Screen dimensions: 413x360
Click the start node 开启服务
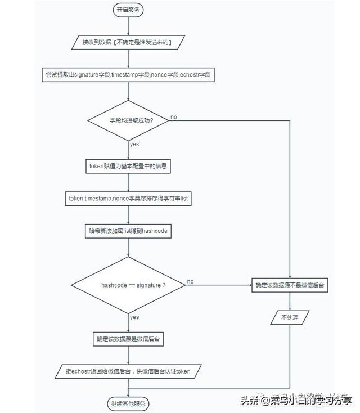pyautogui.click(x=129, y=10)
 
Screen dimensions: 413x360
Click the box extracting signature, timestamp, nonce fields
pyautogui.click(x=129, y=74)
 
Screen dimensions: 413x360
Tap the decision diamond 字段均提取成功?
pyautogui.click(x=129, y=120)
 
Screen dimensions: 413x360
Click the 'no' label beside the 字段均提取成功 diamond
pyautogui.click(x=174, y=116)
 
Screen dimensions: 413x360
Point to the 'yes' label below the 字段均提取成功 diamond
pyautogui.click(x=134, y=145)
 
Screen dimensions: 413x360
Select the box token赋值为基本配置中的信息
pyautogui.click(x=129, y=166)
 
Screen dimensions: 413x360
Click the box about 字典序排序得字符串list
pyautogui.click(x=129, y=199)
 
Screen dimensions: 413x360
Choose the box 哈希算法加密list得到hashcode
pyautogui.click(x=129, y=231)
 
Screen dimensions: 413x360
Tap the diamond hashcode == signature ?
pyautogui.click(x=129, y=285)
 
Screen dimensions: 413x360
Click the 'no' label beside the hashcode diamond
pyautogui.click(x=191, y=281)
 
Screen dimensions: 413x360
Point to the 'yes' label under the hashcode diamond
pyautogui.click(x=134, y=317)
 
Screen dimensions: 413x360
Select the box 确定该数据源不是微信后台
pyautogui.click(x=290, y=285)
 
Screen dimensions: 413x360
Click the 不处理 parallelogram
pyautogui.click(x=290, y=317)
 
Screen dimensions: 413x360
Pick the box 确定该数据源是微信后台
pyautogui.click(x=129, y=339)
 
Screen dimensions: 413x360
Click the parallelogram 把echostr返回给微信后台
pyautogui.click(x=129, y=372)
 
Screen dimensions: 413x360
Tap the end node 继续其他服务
pyautogui.click(x=129, y=403)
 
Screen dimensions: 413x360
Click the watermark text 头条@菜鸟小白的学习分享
pyautogui.click(x=297, y=401)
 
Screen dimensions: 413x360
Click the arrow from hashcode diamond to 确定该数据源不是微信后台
pyautogui.click(x=219, y=285)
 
